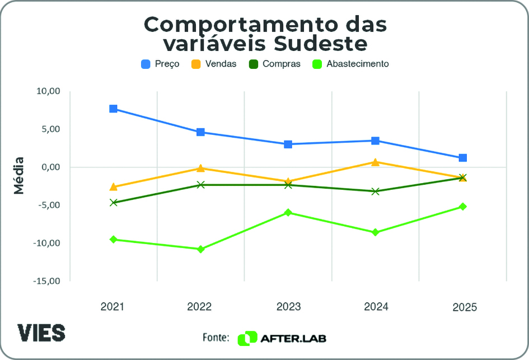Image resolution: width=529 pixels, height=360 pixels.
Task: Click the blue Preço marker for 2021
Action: coord(113,109)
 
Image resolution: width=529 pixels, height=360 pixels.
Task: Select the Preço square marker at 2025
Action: coord(463,158)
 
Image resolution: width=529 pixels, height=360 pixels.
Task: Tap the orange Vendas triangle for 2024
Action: coord(375,162)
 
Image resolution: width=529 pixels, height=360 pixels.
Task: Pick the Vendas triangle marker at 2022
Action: coord(200,168)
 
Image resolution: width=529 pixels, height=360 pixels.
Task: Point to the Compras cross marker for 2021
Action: coord(113,203)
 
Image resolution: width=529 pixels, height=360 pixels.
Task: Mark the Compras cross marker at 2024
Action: coord(375,191)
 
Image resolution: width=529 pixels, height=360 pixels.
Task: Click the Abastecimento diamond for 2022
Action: coord(200,249)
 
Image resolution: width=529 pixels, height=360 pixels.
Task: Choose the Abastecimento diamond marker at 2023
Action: coord(288,213)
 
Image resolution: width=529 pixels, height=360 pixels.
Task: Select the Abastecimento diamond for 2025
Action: coord(463,207)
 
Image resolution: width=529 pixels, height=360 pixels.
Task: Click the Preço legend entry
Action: coord(161,64)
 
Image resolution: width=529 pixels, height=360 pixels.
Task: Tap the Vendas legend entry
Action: coord(214,64)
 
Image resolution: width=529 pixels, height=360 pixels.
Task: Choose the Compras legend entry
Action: coord(275,64)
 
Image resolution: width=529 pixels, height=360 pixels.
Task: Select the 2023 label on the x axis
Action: coord(288,307)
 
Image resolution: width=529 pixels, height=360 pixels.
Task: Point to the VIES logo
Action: coord(41,333)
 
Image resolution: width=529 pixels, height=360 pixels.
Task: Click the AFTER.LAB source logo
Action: coord(283,338)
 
